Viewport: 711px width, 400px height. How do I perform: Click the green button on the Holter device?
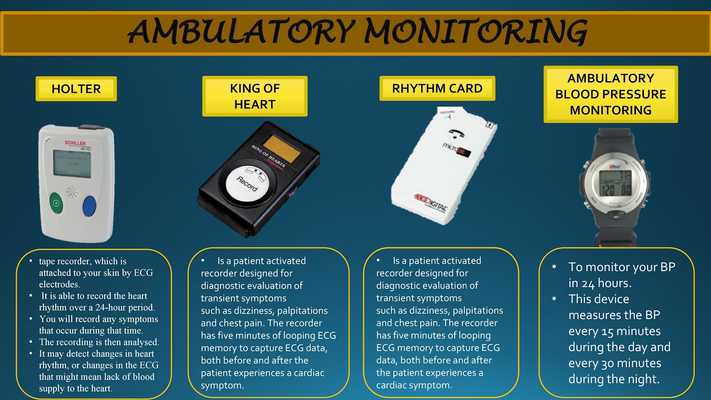click(x=56, y=204)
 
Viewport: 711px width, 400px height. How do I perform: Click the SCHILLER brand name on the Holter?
click(x=75, y=143)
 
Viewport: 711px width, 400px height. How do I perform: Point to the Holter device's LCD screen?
click(x=72, y=164)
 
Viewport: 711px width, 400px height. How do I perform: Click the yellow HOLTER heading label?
click(x=76, y=89)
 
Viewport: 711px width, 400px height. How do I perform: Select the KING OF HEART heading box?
click(x=255, y=96)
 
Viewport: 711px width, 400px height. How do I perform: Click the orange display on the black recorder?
click(x=282, y=149)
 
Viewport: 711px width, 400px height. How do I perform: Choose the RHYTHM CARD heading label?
click(x=437, y=88)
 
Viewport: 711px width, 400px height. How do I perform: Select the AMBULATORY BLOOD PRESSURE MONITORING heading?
click(x=611, y=94)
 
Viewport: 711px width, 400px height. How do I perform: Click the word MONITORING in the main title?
click(x=475, y=32)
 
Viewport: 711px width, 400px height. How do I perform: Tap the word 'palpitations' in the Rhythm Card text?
click(x=478, y=311)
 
